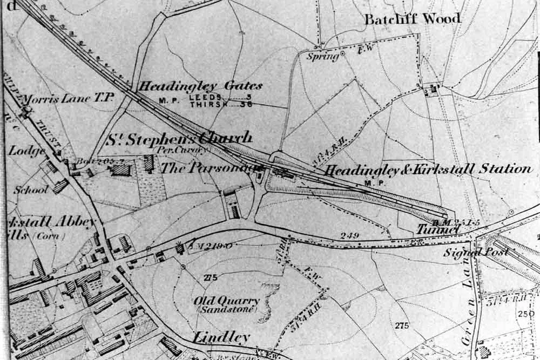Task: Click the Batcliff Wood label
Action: point(413,19)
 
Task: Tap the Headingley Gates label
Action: point(201,86)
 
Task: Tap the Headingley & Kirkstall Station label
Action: point(428,169)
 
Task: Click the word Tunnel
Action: point(437,230)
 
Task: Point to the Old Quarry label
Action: point(227,301)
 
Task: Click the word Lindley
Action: point(221,338)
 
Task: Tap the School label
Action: point(31,190)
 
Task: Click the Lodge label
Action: point(26,151)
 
